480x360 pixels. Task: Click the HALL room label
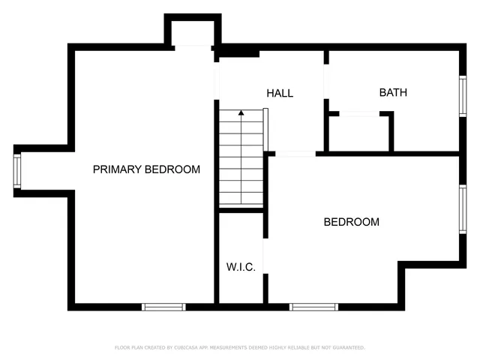[x=280, y=94]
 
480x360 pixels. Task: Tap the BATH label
[x=393, y=93]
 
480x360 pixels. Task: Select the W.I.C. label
[x=241, y=267]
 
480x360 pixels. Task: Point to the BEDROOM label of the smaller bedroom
[x=351, y=222]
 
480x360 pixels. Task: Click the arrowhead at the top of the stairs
[x=241, y=113]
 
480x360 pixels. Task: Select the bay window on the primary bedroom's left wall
[x=17, y=170]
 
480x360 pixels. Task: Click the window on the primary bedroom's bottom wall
[x=163, y=306]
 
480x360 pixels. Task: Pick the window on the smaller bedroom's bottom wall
[x=313, y=306]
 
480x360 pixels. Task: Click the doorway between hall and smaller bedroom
[x=295, y=154]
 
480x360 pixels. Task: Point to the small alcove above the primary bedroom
[x=193, y=32]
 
